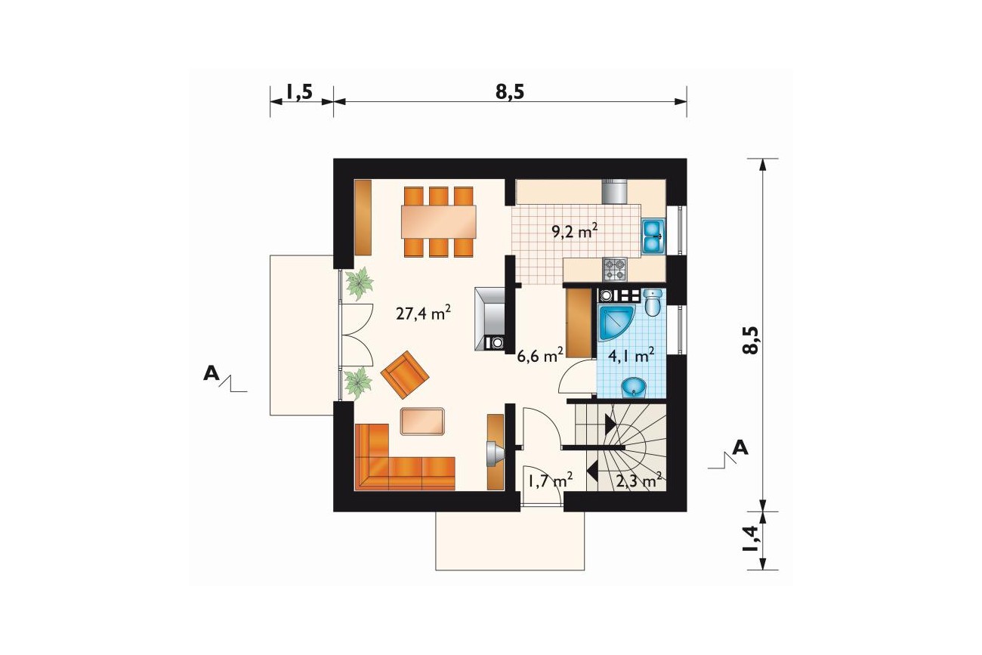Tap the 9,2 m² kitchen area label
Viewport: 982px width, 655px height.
(574, 231)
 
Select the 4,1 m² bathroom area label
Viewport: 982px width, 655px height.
(632, 356)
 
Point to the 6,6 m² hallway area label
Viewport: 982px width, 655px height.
(540, 356)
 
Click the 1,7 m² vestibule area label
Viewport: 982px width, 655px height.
(551, 481)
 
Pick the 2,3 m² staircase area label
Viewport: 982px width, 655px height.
(639, 482)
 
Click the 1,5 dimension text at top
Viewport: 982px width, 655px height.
(299, 92)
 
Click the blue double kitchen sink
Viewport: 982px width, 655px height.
(653, 236)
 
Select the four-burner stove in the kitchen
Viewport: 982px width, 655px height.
(615, 269)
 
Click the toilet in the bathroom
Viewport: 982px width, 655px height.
(653, 302)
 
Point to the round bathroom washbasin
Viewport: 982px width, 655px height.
(634, 387)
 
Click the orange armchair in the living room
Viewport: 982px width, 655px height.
(405, 375)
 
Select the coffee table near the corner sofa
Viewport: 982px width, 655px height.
(422, 422)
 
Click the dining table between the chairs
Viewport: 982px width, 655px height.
(438, 222)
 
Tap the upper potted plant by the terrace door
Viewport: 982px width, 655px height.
(360, 283)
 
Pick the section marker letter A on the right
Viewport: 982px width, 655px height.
(740, 448)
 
